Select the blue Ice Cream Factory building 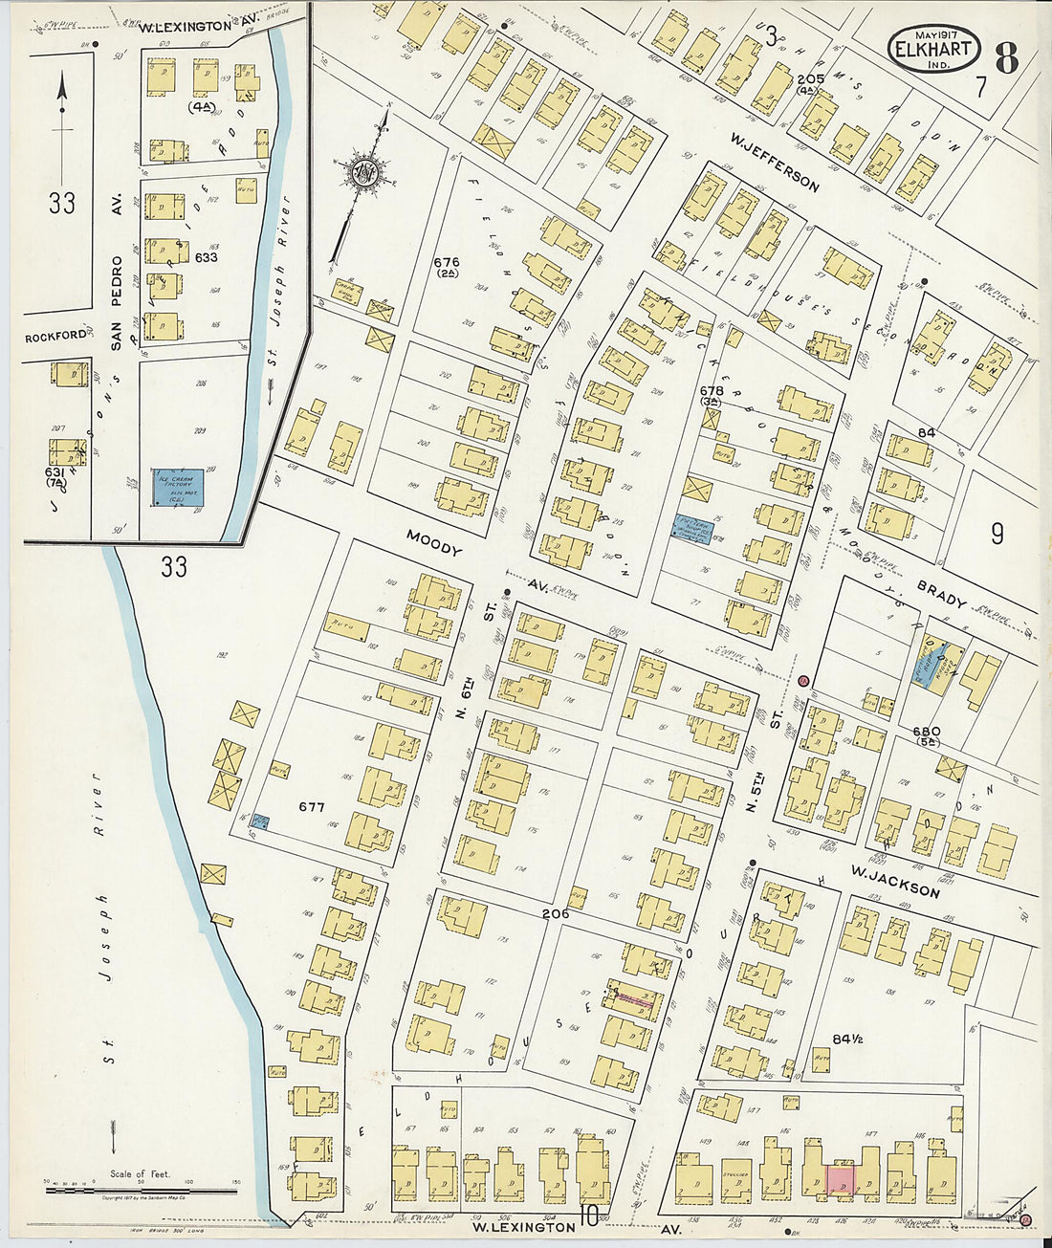pos(179,488)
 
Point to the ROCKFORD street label pos(55,337)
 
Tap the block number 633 pos(206,257)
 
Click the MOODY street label pos(433,543)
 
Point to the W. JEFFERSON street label pos(775,163)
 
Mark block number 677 pos(312,806)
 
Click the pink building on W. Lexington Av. pos(841,1179)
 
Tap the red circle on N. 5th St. pos(803,681)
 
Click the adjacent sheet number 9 pos(997,534)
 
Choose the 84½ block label pos(847,1039)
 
